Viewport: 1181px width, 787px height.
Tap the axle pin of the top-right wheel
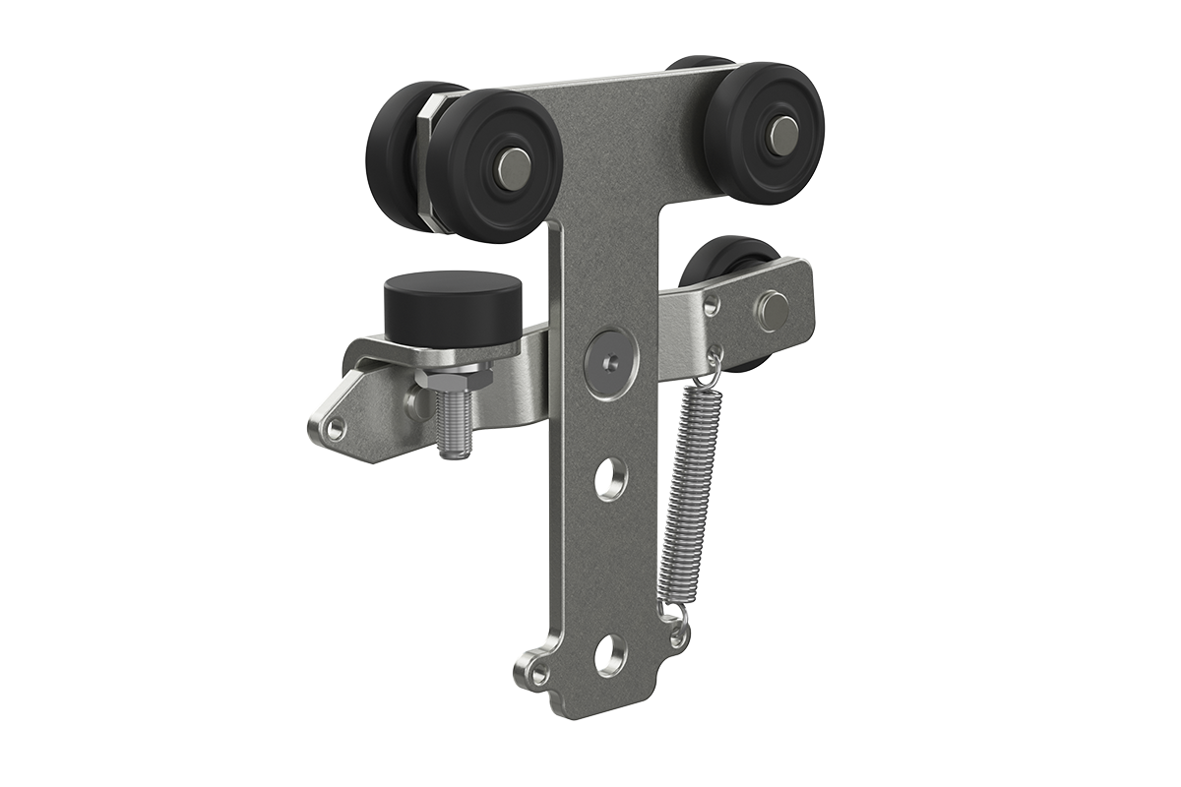[x=782, y=135]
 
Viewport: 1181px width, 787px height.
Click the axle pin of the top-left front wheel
[x=514, y=168]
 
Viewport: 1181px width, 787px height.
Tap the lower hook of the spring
[x=677, y=618]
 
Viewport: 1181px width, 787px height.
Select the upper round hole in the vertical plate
[x=611, y=478]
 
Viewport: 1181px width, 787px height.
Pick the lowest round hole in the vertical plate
[x=610, y=654]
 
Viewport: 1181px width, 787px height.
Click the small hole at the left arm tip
[x=336, y=429]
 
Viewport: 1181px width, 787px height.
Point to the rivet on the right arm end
[x=773, y=309]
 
